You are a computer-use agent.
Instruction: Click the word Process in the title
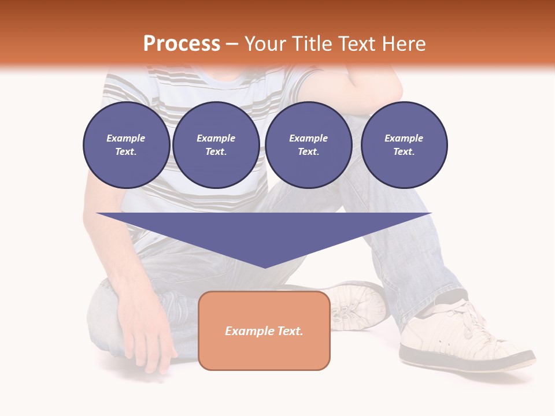(182, 44)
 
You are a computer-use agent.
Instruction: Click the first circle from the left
(126, 145)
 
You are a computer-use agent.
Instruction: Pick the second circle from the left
(216, 145)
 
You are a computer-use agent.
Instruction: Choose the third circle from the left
(308, 145)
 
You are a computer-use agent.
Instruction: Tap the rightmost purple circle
(404, 145)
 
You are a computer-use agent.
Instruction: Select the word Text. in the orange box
(290, 331)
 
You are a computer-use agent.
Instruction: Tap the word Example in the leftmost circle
(126, 138)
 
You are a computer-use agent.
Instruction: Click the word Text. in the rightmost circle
(404, 152)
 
